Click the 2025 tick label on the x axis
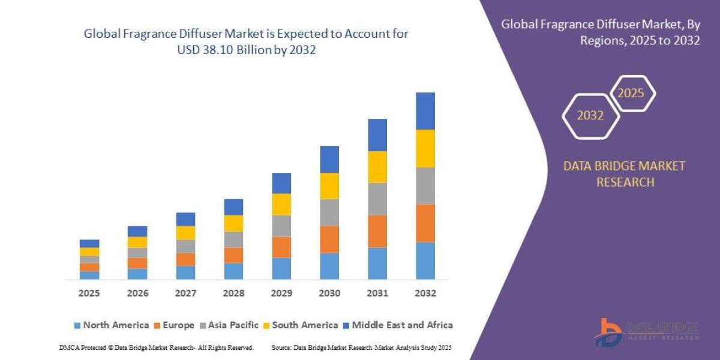89,293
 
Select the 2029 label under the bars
281,293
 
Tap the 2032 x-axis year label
425,293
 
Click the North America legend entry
111,325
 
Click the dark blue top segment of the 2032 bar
425,111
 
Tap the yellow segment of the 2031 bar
377,167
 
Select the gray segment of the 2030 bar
329,212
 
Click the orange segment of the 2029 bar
281,247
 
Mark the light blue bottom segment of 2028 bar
233,271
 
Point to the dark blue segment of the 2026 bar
137,231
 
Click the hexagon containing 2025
632,94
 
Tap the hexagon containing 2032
590,116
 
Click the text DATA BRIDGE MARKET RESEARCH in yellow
625,174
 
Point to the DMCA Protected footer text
156,347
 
